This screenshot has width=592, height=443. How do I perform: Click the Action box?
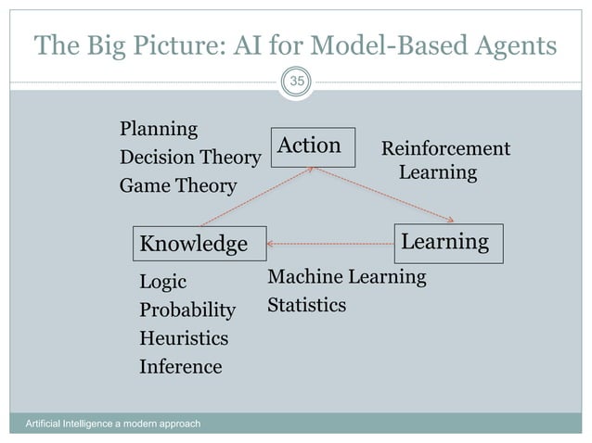tap(313, 146)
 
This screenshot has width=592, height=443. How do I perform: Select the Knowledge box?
tap(199, 244)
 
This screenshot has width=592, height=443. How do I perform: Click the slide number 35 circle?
tap(296, 82)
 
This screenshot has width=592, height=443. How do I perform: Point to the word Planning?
tap(159, 128)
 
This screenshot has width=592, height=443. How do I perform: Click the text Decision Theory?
tap(189, 158)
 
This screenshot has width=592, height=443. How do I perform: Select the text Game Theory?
tap(178, 186)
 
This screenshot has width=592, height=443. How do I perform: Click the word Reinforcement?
tap(445, 148)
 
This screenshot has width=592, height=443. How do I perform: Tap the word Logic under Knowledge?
tap(162, 282)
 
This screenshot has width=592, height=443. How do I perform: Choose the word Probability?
tap(187, 310)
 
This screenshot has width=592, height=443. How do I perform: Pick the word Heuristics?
tap(183, 338)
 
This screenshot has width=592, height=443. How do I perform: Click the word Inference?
tap(180, 367)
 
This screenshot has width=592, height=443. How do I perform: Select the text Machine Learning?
tap(346, 276)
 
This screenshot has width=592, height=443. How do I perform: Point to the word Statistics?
tap(306, 304)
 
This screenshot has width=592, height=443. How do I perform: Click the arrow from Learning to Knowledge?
tap(330, 244)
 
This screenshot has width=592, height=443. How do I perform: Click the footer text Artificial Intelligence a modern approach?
tap(111, 424)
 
